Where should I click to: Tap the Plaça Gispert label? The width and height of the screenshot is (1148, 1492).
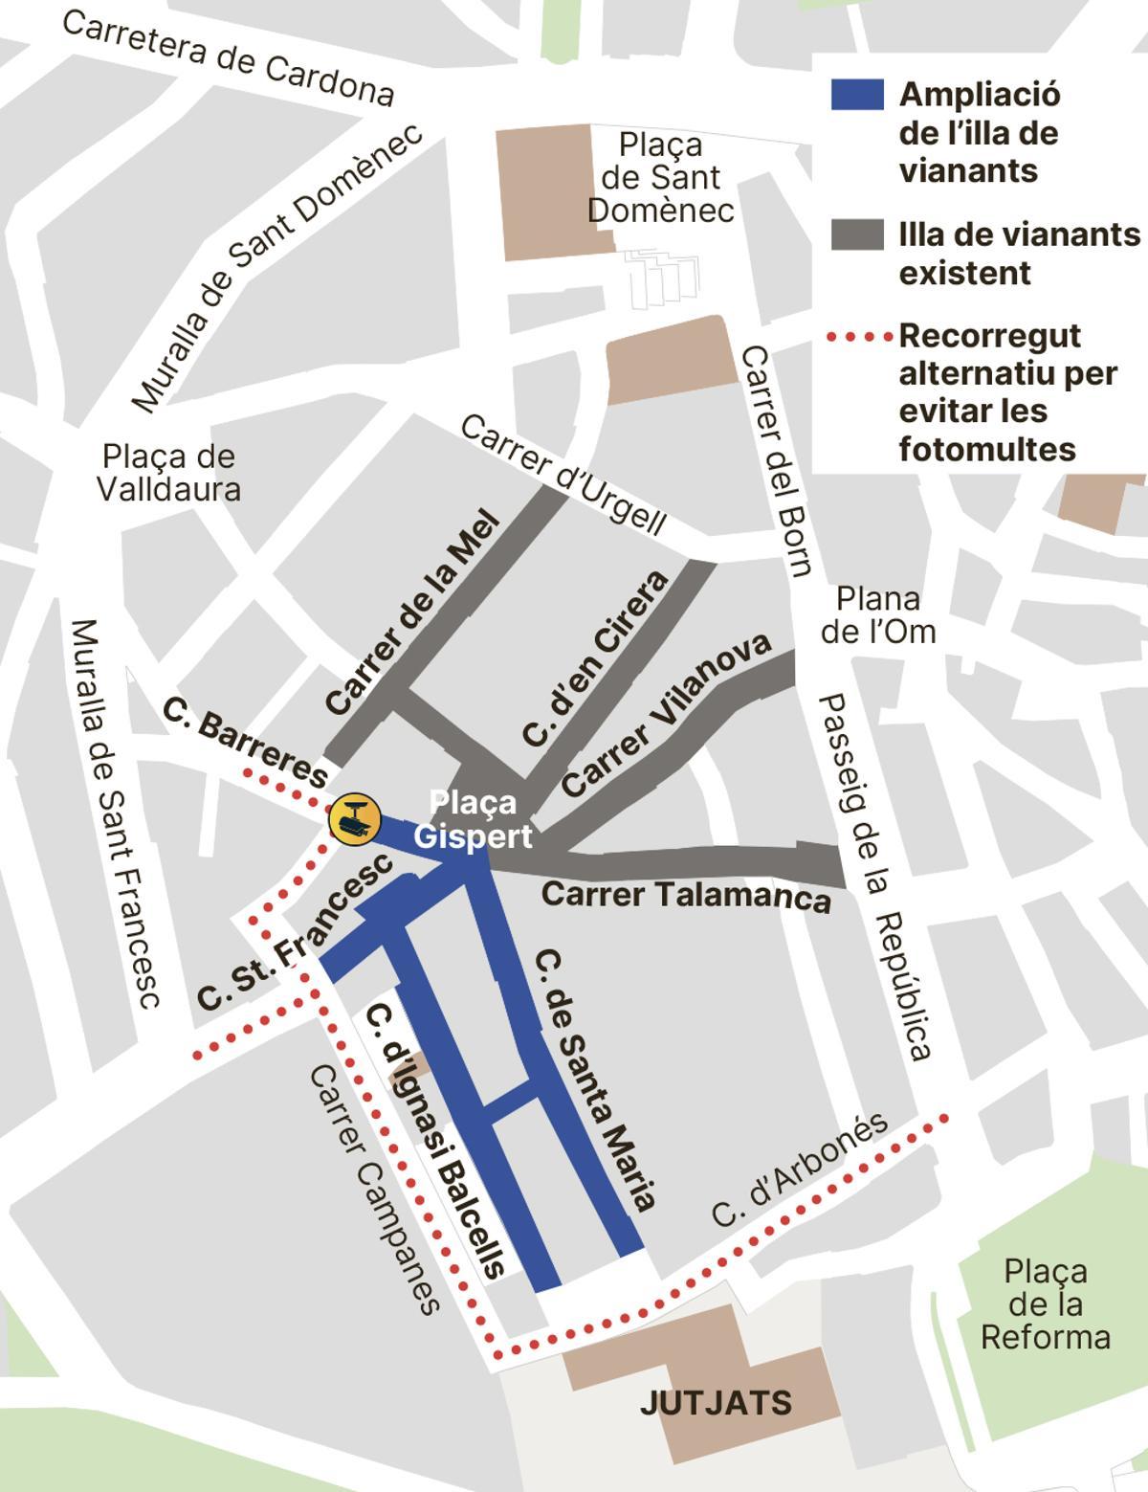[473, 819]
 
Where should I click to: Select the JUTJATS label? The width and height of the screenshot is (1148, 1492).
[716, 1403]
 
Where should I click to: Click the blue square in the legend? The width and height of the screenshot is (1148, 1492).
[856, 95]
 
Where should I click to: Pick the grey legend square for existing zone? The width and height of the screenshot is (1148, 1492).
[856, 234]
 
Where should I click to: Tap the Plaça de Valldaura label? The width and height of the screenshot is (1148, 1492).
[168, 473]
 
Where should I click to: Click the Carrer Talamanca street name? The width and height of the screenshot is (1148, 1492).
[685, 896]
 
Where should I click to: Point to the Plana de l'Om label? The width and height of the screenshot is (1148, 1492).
[877, 615]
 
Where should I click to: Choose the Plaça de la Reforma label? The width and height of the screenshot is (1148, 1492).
[1045, 1304]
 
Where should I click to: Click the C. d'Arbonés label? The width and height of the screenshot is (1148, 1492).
[800, 1171]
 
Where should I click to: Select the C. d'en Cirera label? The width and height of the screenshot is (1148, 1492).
[594, 659]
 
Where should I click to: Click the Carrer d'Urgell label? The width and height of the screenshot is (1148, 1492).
[563, 474]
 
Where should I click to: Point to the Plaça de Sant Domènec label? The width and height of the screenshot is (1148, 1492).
[660, 177]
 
